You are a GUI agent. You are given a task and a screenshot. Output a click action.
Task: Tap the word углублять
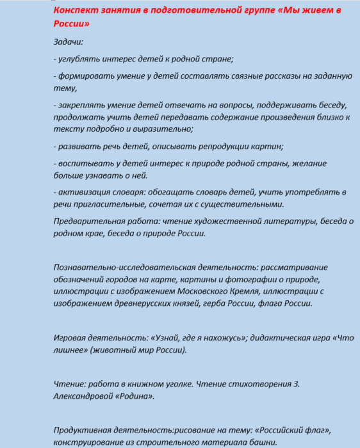[x=81, y=59]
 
